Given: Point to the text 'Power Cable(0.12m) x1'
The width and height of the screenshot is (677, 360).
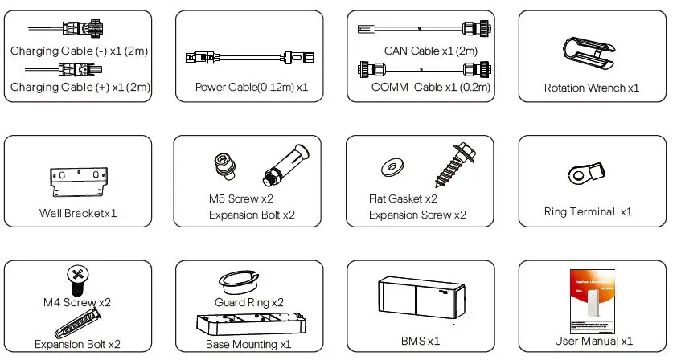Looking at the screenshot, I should [x=252, y=87].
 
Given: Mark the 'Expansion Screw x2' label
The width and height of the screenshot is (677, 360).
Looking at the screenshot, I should [x=417, y=215].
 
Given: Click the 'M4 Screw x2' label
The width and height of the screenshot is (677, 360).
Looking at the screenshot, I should [x=77, y=302].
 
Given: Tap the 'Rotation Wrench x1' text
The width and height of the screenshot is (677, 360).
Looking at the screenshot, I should [x=592, y=88].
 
